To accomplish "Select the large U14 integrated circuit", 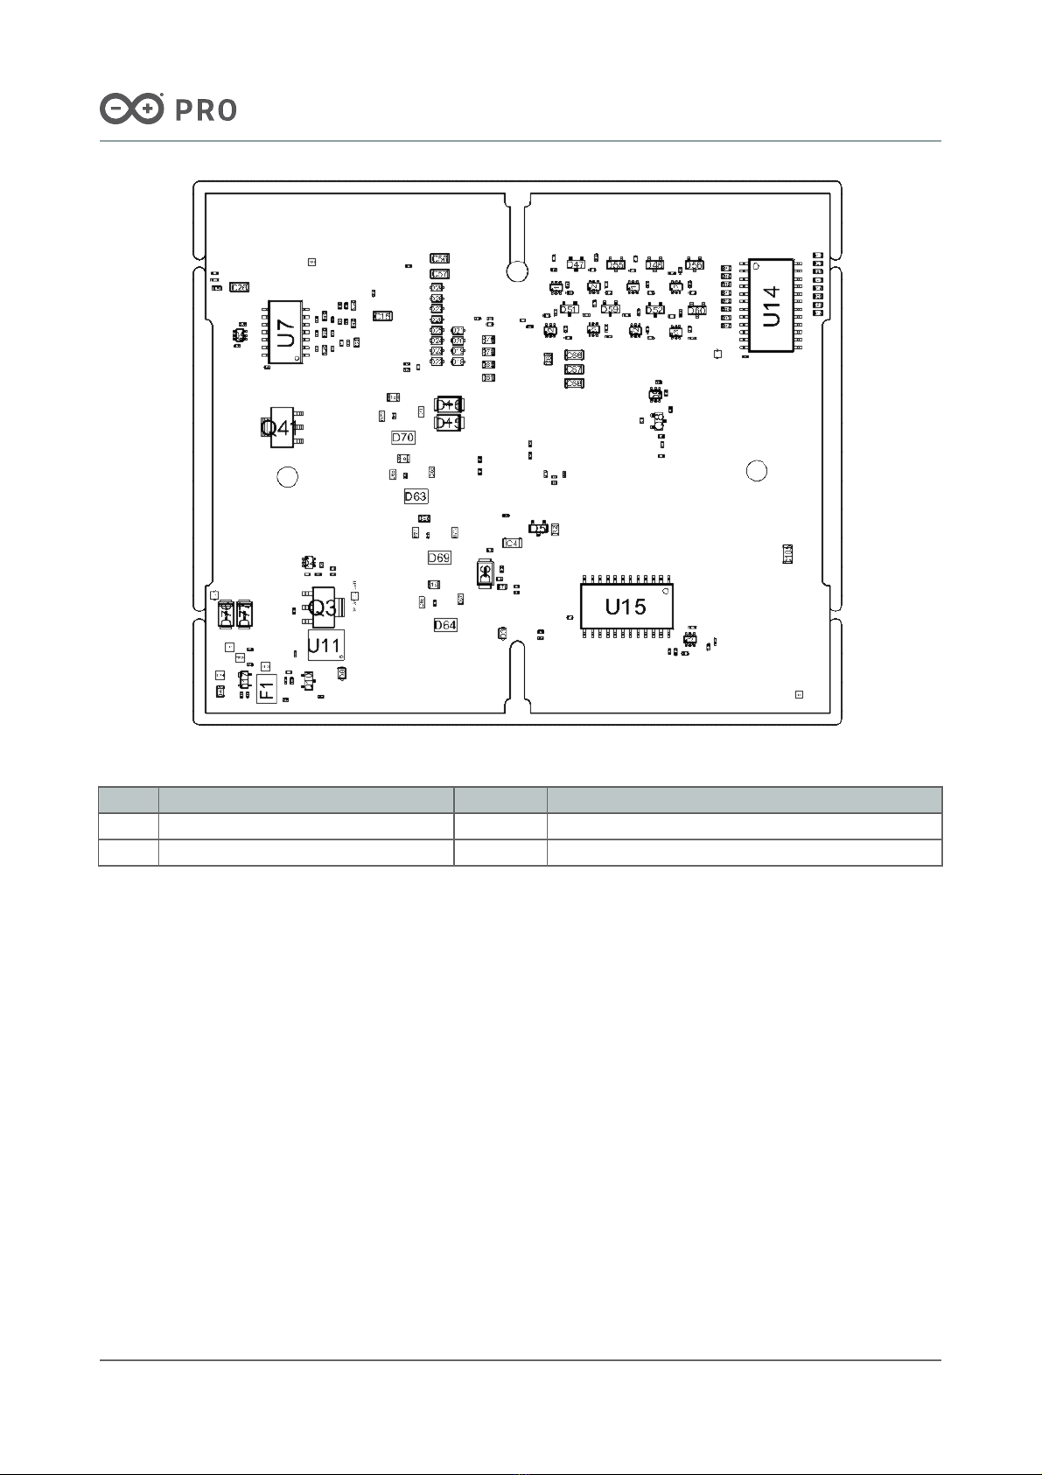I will [x=771, y=306].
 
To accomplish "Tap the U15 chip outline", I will [x=626, y=606].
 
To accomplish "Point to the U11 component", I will [x=325, y=645].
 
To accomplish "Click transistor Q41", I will [x=281, y=427].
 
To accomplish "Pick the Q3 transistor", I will [x=324, y=607].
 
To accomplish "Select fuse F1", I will [x=267, y=688].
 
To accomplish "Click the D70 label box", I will [x=403, y=437].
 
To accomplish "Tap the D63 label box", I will [x=416, y=496].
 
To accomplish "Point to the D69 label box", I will [x=439, y=558].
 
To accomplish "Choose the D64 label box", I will [x=445, y=625].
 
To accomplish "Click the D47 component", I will [x=577, y=264].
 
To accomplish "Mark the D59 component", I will [x=611, y=309].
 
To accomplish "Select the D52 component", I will [x=654, y=310].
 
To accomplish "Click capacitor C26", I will [x=239, y=287].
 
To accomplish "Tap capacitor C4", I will [x=512, y=544].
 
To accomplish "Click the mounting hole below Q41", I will [x=287, y=477].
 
